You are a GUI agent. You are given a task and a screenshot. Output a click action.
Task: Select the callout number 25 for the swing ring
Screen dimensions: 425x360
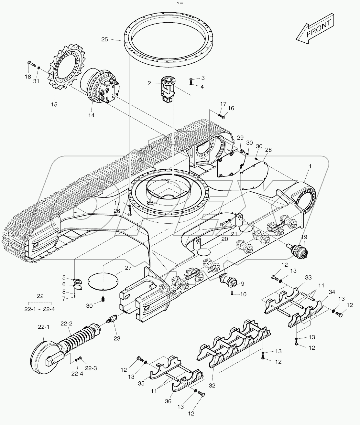pyautogui.click(x=104, y=39)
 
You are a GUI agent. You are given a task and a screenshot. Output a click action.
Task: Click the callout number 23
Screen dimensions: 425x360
pyautogui.click(x=116, y=338)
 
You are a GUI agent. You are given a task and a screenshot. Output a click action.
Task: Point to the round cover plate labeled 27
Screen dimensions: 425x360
pyautogui.click(x=103, y=281)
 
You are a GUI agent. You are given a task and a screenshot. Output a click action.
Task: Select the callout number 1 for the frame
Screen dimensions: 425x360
pyautogui.click(x=310, y=166)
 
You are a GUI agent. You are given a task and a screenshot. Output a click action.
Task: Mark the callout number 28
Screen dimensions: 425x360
pyautogui.click(x=268, y=150)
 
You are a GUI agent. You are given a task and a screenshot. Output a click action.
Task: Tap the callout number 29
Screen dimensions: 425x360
pyautogui.click(x=240, y=138)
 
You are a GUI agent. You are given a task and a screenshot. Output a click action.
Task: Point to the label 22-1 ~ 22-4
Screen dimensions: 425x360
pyautogui.click(x=39, y=309)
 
